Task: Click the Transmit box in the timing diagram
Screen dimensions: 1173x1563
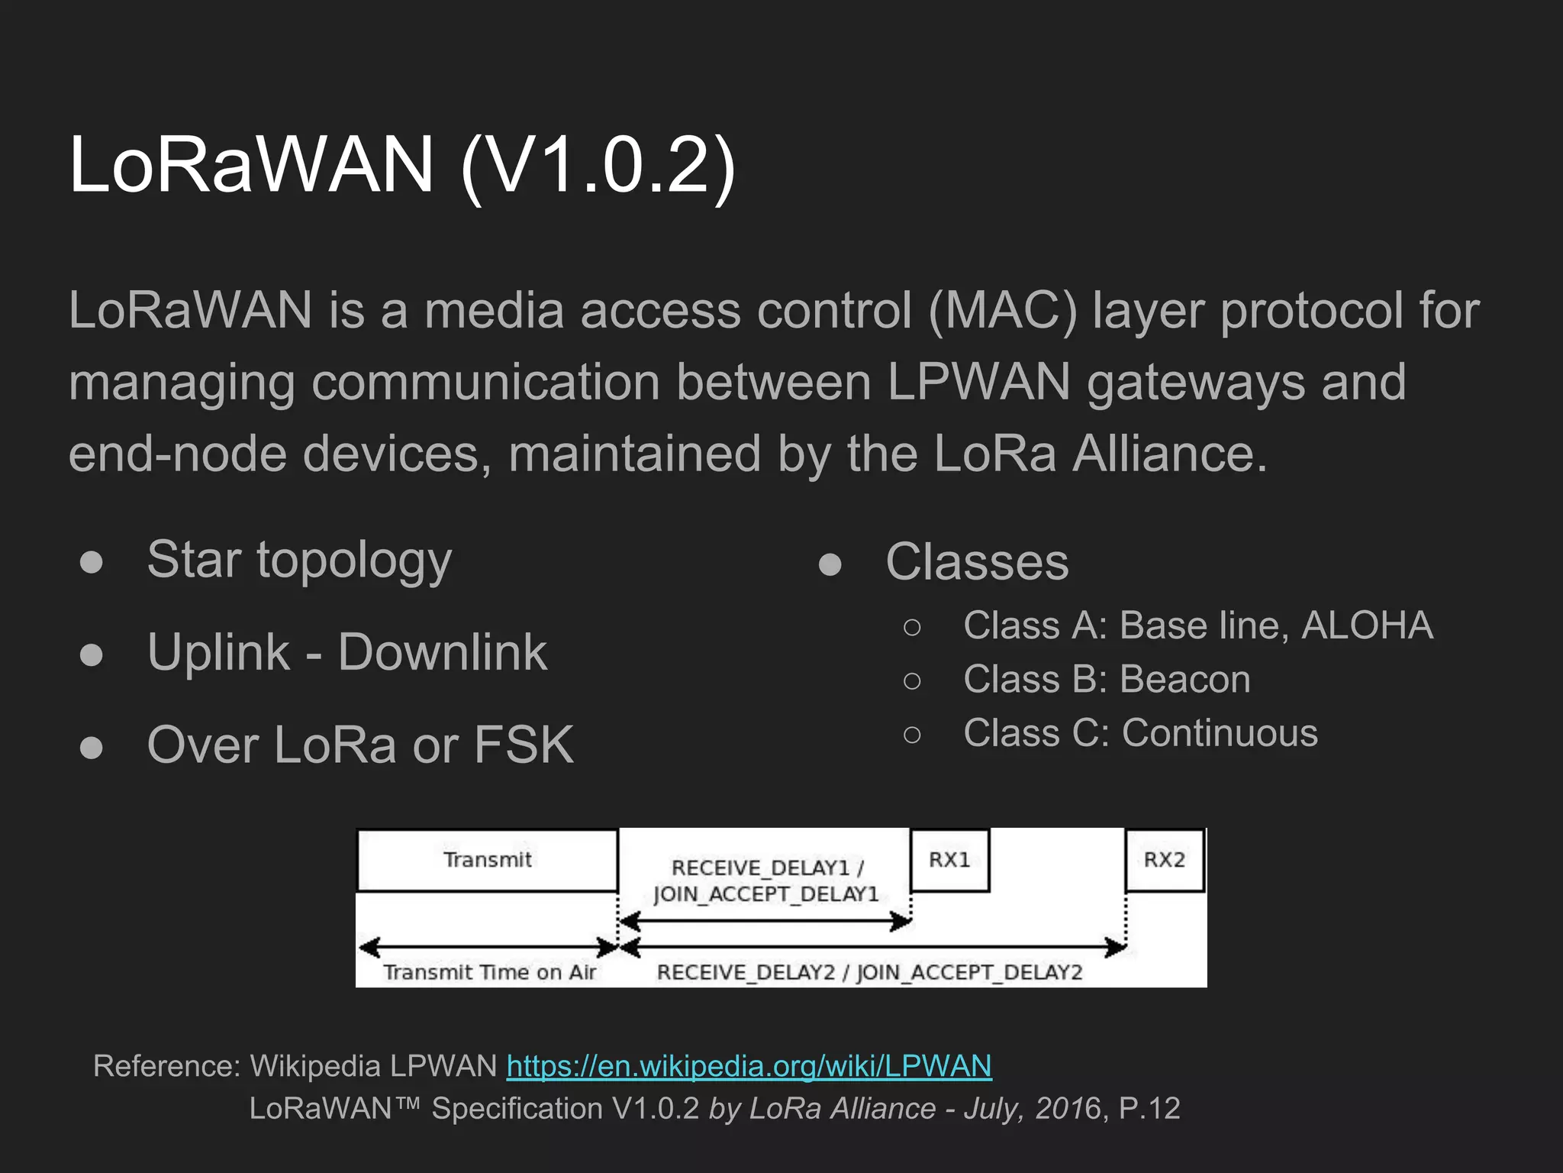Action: [487, 860]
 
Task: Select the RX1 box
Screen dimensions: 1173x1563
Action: [949, 860]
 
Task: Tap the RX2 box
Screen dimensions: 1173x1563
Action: [1165, 860]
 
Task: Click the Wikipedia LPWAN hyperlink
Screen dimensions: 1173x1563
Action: [749, 1066]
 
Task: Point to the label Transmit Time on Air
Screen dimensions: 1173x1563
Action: [489, 972]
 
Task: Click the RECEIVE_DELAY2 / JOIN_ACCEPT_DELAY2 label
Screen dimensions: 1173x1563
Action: [869, 972]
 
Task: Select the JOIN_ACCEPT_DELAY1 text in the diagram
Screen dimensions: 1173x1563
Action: [766, 894]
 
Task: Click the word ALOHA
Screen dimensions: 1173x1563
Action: [1367, 625]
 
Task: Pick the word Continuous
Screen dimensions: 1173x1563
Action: [1220, 733]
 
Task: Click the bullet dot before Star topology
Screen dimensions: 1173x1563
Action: [92, 562]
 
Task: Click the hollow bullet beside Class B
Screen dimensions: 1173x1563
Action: [912, 680]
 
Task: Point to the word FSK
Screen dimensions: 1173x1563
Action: [524, 745]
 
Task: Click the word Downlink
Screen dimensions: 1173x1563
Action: [442, 652]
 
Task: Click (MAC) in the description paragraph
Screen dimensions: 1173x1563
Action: [1003, 311]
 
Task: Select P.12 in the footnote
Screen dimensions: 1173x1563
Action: [1149, 1108]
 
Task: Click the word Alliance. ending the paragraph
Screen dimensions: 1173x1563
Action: [1170, 454]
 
